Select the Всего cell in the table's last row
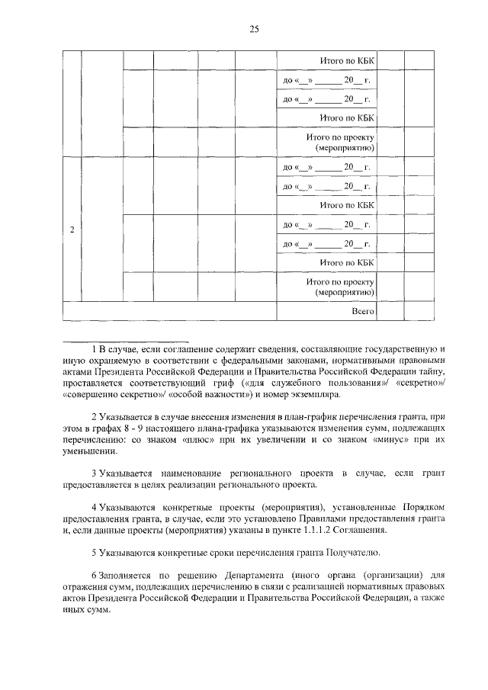(x=361, y=312)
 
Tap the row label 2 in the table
(x=72, y=230)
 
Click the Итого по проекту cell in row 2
(x=338, y=287)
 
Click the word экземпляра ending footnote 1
(x=315, y=395)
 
